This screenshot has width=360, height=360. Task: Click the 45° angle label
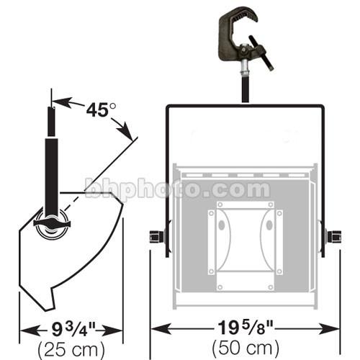(x=101, y=110)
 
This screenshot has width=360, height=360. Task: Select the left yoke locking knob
(x=156, y=237)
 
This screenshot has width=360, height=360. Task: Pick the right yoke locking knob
(x=333, y=236)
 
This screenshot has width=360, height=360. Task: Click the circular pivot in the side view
(x=53, y=225)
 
